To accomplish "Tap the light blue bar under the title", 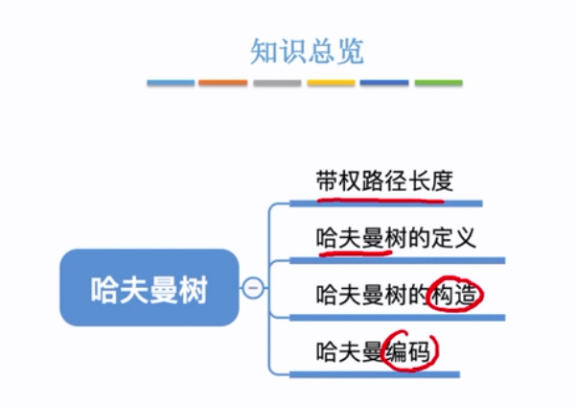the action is click(x=171, y=84).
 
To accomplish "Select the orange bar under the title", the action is click(x=222, y=84).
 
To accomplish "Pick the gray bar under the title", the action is click(x=277, y=84).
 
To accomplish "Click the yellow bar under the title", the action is click(x=331, y=84).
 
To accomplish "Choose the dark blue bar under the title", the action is click(x=384, y=84).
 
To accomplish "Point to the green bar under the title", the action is click(x=438, y=84).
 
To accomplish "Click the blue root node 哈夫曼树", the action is click(x=149, y=288).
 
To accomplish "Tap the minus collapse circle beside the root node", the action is click(x=253, y=287).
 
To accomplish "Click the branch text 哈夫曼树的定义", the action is click(x=396, y=237).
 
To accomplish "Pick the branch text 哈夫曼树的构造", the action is click(x=396, y=295).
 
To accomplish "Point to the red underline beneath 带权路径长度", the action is click(x=379, y=200).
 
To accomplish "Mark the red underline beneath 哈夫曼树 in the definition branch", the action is click(x=350, y=254).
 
